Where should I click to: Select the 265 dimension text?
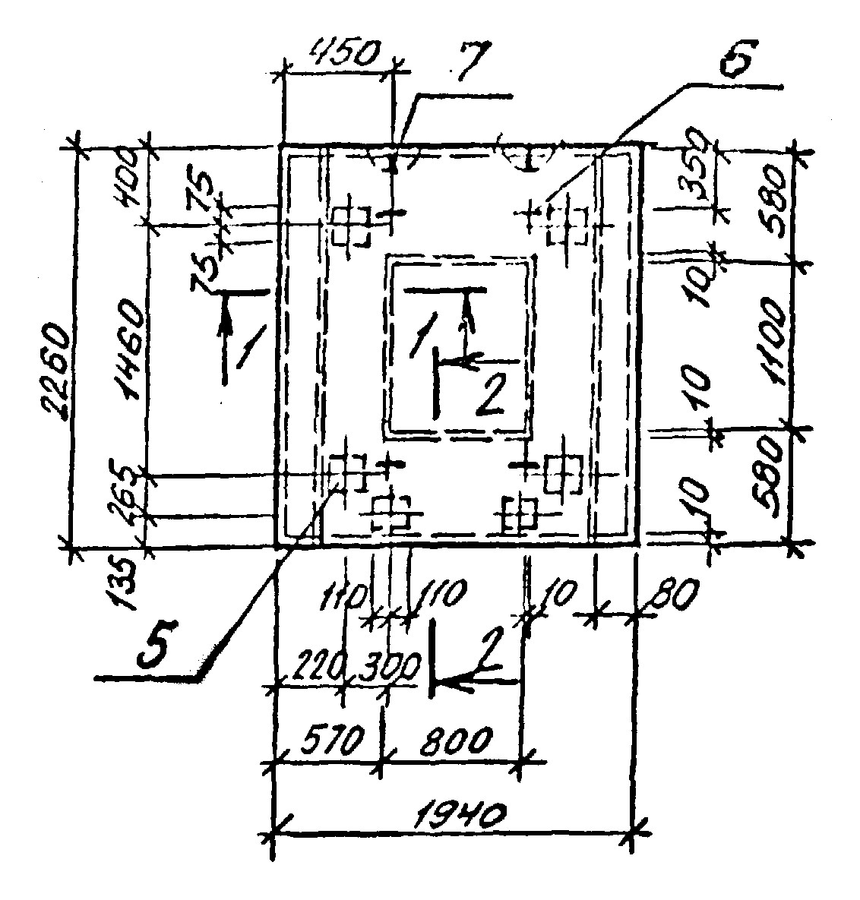tap(129, 490)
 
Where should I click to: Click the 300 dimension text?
tap(390, 668)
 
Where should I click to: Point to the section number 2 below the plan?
tap(492, 649)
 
